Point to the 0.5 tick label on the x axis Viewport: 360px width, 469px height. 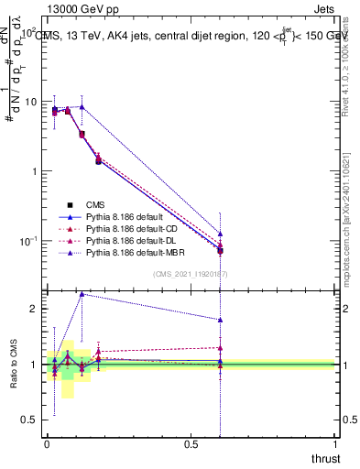[191, 444]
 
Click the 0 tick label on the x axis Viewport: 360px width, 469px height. [47, 444]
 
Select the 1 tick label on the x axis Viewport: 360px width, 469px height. [336, 444]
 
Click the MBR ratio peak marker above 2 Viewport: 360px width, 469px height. [82, 294]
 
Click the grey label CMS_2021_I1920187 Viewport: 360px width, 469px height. [190, 273]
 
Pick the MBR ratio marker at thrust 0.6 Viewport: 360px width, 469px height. [220, 320]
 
